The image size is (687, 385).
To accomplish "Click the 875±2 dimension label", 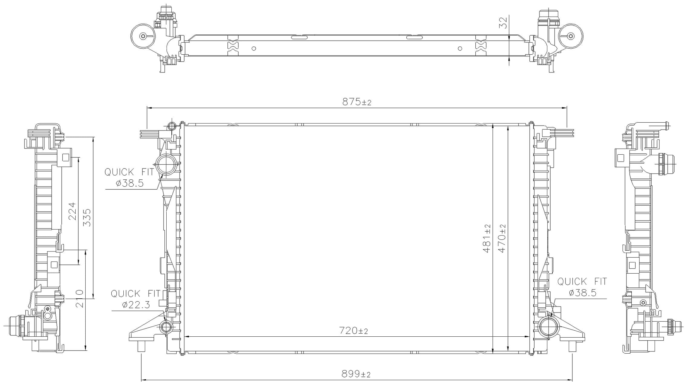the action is (x=357, y=102).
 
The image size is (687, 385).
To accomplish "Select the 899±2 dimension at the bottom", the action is (x=356, y=374).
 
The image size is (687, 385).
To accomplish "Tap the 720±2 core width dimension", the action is (x=353, y=331).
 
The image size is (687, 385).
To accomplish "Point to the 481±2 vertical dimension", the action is (x=487, y=239).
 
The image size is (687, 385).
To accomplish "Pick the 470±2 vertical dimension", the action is (x=502, y=239).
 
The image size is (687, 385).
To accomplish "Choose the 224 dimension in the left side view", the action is (x=73, y=211).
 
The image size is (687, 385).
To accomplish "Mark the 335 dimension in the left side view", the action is (x=87, y=217).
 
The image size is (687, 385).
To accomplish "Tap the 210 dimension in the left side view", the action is (x=79, y=298).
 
